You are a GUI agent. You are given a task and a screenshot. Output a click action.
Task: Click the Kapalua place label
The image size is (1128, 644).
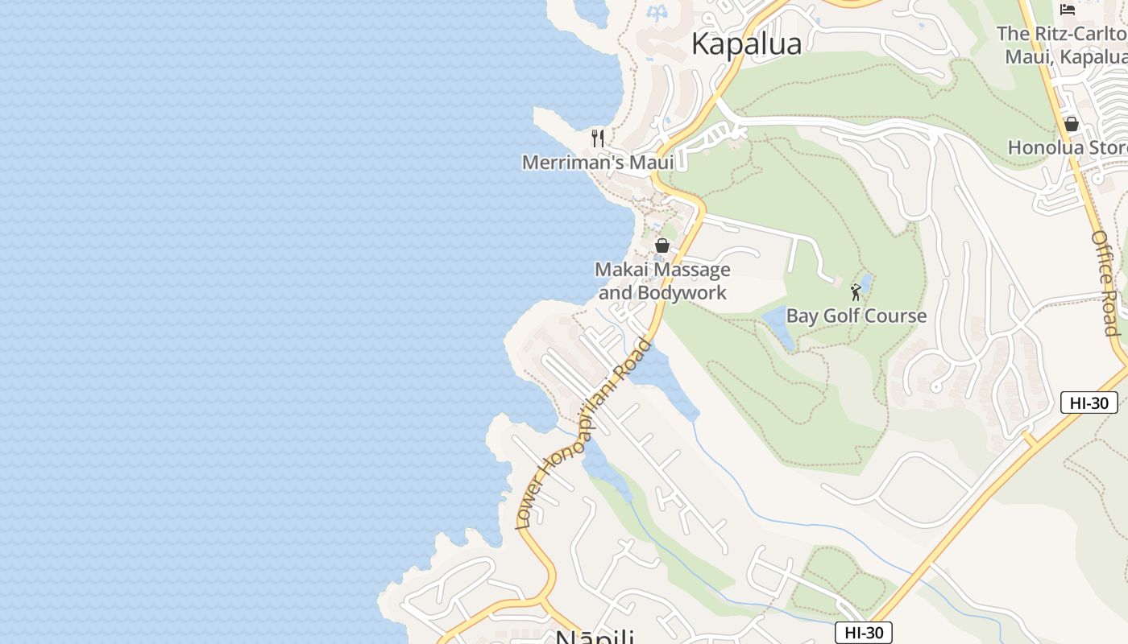pyautogui.click(x=746, y=43)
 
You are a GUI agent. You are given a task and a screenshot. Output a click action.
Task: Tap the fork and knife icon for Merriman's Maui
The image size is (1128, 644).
pyautogui.click(x=598, y=138)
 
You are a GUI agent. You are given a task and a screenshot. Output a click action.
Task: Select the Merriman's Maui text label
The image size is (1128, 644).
pyautogui.click(x=598, y=163)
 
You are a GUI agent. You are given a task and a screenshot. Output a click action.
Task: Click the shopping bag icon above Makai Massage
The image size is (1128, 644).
pyautogui.click(x=662, y=246)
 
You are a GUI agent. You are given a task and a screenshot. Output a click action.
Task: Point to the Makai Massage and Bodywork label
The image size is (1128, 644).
pyautogui.click(x=662, y=281)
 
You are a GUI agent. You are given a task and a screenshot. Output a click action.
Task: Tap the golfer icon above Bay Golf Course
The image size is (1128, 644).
pyautogui.click(x=856, y=291)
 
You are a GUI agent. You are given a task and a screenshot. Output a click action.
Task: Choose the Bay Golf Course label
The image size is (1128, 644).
pyautogui.click(x=856, y=316)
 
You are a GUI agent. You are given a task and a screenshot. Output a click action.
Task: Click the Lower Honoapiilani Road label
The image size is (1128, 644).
pyautogui.click(x=584, y=435)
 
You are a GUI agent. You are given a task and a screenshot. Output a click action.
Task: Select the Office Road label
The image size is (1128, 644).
pyautogui.click(x=1105, y=283)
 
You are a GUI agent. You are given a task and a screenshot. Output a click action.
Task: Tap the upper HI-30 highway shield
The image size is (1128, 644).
pyautogui.click(x=1089, y=402)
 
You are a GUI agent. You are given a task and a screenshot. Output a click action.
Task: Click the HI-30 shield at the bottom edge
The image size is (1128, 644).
pyautogui.click(x=863, y=633)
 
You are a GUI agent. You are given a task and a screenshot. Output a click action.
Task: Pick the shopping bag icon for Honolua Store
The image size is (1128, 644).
pyautogui.click(x=1072, y=124)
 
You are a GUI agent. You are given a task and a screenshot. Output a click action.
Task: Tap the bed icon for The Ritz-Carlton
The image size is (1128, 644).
pyautogui.click(x=1068, y=10)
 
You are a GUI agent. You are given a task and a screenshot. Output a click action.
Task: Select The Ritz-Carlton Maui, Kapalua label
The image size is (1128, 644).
pyautogui.click(x=1062, y=45)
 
